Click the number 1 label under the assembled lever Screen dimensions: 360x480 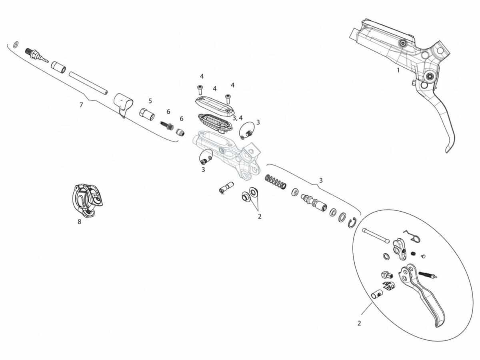click(x=398, y=70)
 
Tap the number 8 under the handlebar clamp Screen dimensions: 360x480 click(x=79, y=222)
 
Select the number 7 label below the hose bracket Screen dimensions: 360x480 click(x=81, y=105)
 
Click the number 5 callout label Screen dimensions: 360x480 click(x=150, y=101)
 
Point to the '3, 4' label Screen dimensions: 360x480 click(x=238, y=118)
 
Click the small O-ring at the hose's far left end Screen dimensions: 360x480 click(x=16, y=44)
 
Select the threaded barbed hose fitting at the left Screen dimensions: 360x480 click(x=37, y=55)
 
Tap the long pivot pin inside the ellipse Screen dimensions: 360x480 click(x=376, y=235)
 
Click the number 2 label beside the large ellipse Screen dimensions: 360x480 click(x=359, y=323)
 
